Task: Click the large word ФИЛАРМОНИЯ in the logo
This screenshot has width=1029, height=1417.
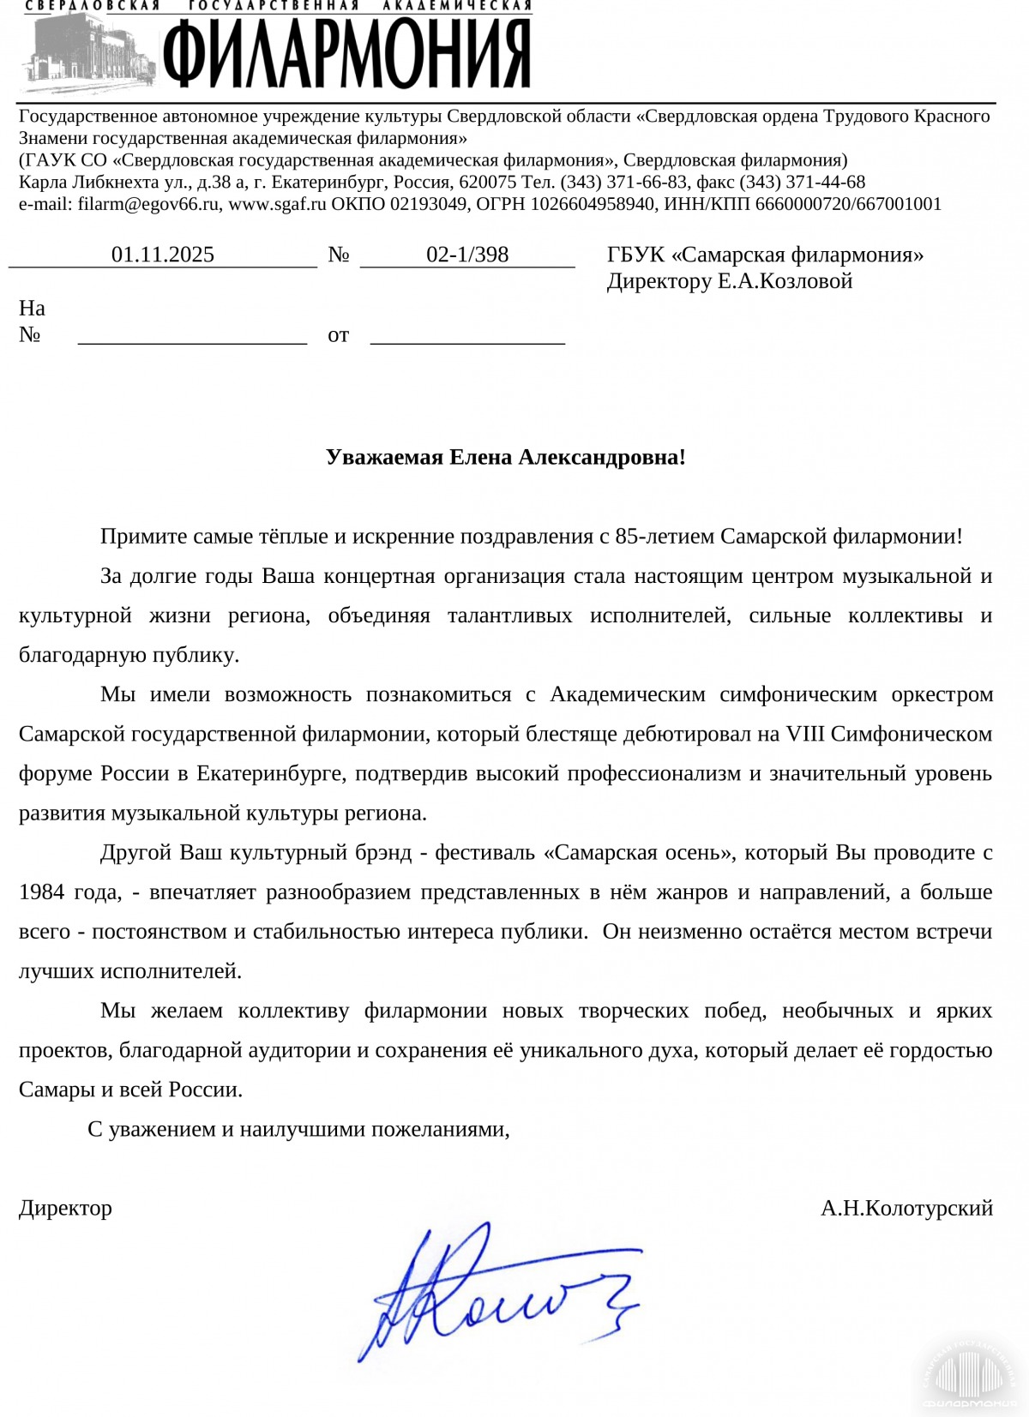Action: click(346, 53)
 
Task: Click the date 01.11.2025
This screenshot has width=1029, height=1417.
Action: click(163, 255)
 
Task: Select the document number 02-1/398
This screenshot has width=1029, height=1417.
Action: click(467, 255)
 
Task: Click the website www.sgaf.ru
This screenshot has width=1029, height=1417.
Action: click(277, 204)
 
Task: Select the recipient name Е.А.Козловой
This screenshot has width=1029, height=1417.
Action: click(785, 281)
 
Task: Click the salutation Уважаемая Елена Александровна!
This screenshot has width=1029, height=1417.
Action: click(506, 457)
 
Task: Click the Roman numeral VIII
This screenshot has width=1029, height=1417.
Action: click(805, 734)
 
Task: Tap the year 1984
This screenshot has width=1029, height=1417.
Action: click(42, 892)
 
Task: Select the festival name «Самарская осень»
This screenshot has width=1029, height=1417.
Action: click(640, 853)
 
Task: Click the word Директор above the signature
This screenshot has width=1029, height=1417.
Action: click(66, 1208)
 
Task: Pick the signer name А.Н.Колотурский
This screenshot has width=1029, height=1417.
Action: click(906, 1208)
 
